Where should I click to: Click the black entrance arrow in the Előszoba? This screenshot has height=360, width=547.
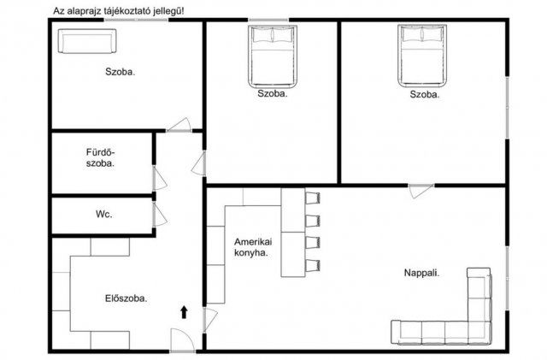184,312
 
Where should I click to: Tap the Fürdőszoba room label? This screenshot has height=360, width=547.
100,158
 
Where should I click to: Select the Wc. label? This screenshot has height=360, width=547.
104,214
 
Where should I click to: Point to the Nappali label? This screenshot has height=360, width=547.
421,273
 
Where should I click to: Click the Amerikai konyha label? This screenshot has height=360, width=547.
253,247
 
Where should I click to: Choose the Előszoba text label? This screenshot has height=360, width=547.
126,298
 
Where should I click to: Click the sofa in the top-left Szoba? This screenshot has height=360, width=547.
87,41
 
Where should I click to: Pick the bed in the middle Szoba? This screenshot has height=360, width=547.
273,56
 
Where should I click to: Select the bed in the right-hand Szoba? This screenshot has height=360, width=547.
422,56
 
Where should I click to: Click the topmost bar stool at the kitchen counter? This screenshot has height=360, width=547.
313,198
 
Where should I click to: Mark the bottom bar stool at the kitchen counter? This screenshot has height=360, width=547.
313,266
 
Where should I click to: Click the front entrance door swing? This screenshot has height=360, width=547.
182,340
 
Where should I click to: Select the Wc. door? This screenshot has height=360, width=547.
159,215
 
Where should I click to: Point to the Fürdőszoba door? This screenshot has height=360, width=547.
159,178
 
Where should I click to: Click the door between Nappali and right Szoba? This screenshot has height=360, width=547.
421,191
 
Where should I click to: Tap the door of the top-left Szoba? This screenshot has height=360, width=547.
179,125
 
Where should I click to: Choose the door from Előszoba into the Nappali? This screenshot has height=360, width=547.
210,319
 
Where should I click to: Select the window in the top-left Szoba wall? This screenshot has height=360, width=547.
136,20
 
